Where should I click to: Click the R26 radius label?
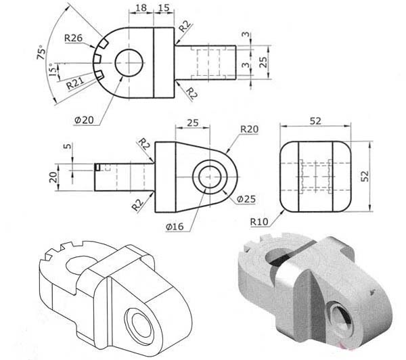point(74,37)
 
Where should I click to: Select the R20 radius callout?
point(249,129)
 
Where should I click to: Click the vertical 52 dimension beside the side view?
point(365,176)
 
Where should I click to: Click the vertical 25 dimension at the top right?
point(263,63)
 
